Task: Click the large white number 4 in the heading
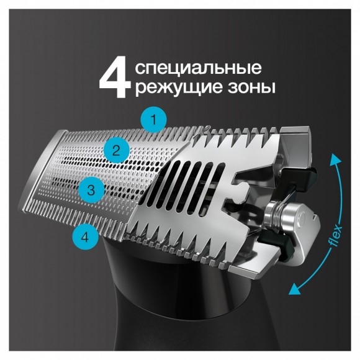pos(115,76)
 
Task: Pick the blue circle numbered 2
pos(116,149)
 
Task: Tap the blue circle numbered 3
pos(91,190)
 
